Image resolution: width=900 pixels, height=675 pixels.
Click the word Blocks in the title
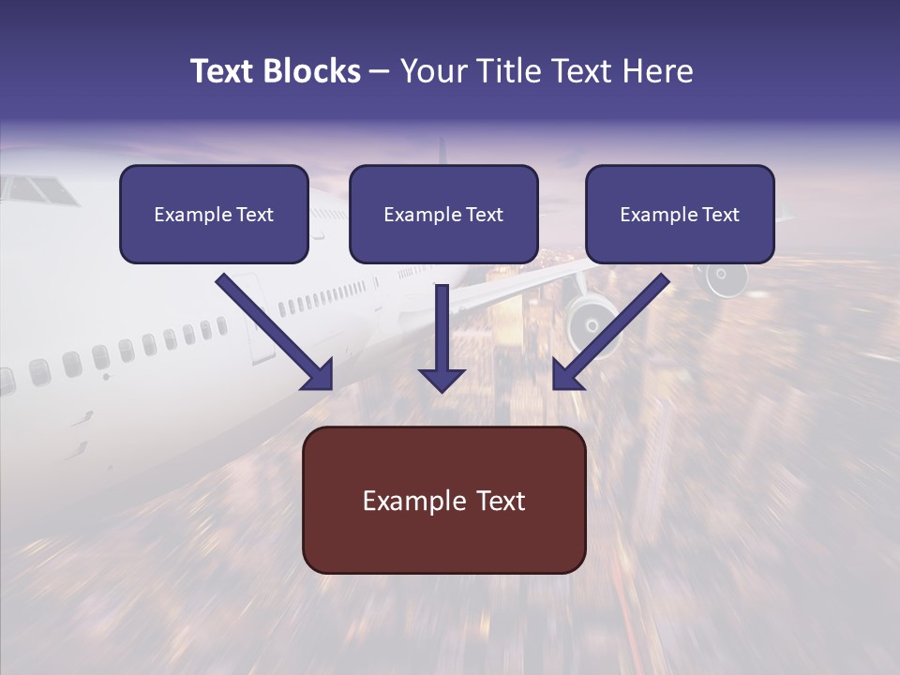click(x=311, y=70)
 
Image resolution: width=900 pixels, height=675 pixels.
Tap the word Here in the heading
click(x=658, y=70)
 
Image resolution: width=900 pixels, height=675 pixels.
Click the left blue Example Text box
click(x=214, y=214)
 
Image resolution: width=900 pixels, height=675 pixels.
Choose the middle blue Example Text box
click(x=443, y=214)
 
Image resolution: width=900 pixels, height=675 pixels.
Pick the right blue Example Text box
click(x=681, y=214)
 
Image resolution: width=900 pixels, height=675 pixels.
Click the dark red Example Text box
click(x=444, y=500)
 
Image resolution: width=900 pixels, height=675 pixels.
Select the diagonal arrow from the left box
click(x=275, y=332)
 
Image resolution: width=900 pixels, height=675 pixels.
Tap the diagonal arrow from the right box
click(x=610, y=332)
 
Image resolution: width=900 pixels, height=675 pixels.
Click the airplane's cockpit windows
click(x=39, y=190)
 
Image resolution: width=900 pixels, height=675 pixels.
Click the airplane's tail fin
click(x=442, y=151)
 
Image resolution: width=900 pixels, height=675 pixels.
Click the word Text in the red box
click(x=501, y=501)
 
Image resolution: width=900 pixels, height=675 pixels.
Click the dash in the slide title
click(x=380, y=73)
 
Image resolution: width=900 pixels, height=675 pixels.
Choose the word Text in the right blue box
click(x=721, y=214)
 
